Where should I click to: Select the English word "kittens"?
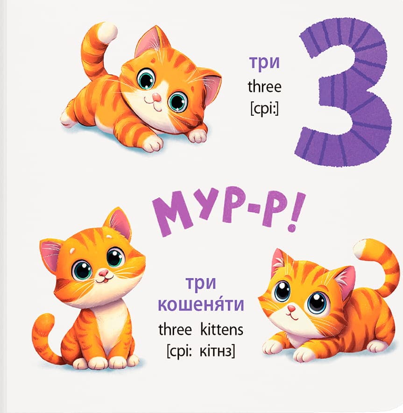tap(222, 329)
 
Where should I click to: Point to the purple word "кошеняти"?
tap(201, 304)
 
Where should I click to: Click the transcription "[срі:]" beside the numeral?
tap(264, 108)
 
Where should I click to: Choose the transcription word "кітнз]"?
tap(217, 351)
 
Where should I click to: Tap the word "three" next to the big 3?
tap(265, 86)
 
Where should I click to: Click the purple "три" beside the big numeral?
tap(264, 64)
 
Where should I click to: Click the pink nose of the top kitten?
tap(157, 98)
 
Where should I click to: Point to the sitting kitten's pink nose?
tap(104, 273)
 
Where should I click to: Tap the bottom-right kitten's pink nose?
tap(291, 308)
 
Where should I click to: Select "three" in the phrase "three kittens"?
tap(175, 329)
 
